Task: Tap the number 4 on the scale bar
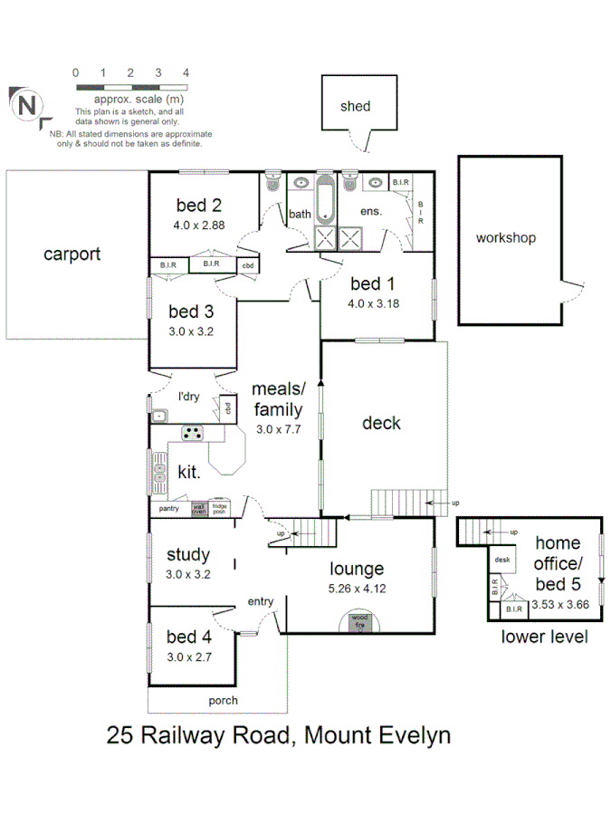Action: tap(186, 72)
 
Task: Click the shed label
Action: tap(355, 106)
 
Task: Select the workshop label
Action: tap(506, 238)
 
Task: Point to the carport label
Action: tap(72, 254)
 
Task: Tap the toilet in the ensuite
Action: tap(351, 182)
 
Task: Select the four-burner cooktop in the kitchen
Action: tap(192, 432)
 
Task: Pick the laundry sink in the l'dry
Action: tap(160, 416)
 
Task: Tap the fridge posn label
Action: tap(219, 508)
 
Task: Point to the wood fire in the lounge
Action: tap(359, 622)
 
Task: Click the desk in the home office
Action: tap(502, 560)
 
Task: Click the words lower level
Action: tap(544, 637)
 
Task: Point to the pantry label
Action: tap(169, 509)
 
